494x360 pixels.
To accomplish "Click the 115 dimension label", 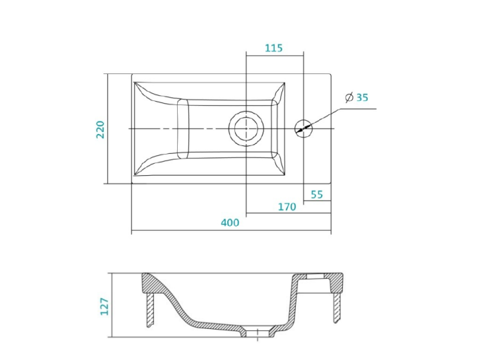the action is point(274,48).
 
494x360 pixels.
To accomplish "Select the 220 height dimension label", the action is point(100,129).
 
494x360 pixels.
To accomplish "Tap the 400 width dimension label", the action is point(229,222).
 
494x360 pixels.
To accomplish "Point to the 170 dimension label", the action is point(287,207).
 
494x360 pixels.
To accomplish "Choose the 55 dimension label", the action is point(317,195).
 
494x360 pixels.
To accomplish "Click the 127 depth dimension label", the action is point(104,306).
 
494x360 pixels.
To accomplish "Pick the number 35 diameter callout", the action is point(362,97).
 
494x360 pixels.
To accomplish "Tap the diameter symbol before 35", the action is point(349,97).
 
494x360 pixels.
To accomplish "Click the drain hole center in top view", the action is point(246,128).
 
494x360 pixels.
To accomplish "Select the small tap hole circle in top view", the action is point(303,128).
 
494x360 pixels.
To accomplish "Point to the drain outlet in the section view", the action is point(258,333).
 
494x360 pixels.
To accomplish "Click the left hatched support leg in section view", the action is point(150,310).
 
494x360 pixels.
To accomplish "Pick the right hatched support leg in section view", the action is point(337,306).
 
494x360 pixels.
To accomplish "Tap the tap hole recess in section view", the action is point(316,277).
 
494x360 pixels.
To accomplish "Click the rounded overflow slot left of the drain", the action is point(183,128).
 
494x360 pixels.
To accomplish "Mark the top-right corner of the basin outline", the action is point(331,74).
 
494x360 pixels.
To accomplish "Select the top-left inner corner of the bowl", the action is point(134,83).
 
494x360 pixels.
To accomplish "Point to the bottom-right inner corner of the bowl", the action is point(285,174).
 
